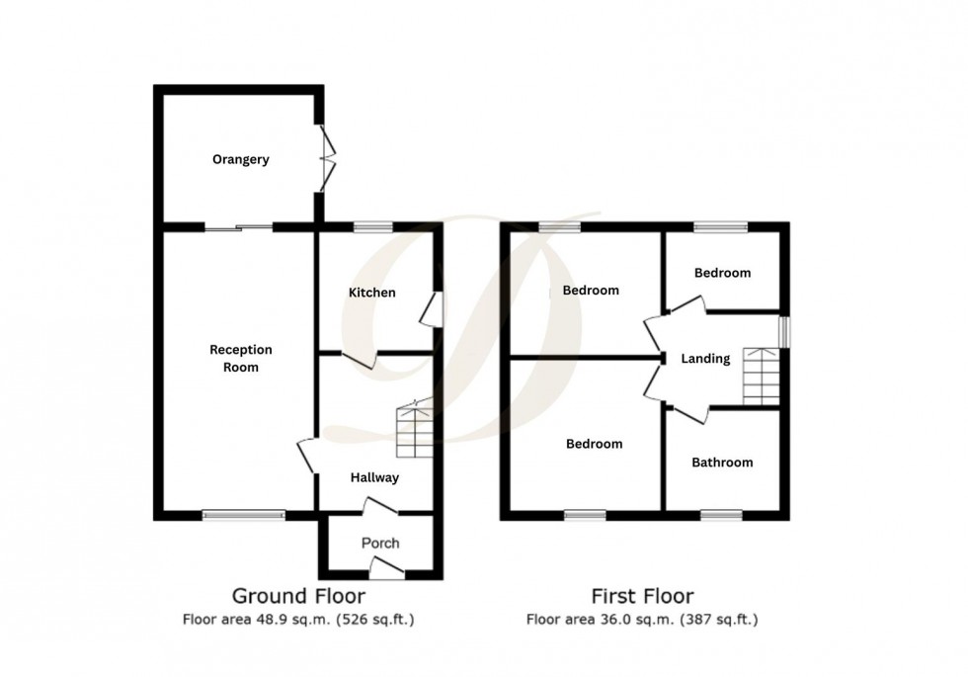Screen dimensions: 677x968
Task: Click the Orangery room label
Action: point(240,159)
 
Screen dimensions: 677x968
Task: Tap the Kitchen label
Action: point(371,293)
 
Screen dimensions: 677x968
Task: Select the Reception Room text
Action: point(240,358)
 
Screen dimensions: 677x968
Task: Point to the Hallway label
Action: point(374,478)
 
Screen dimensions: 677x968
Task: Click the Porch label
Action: point(380,543)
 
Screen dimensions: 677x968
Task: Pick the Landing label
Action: point(705,359)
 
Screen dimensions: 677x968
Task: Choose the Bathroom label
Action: point(721,462)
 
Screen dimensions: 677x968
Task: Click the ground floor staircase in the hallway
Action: point(414,431)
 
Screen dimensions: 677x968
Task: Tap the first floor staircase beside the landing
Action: point(761,377)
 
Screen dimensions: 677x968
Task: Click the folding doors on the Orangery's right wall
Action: point(325,158)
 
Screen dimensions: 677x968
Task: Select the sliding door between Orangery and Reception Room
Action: point(239,228)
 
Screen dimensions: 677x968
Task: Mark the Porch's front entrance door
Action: point(386,568)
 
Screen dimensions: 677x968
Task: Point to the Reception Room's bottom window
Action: point(244,514)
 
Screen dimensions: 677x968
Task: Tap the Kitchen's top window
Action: point(372,227)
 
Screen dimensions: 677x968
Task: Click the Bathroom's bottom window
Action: point(721,514)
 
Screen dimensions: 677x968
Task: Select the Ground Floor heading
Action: point(297,596)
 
